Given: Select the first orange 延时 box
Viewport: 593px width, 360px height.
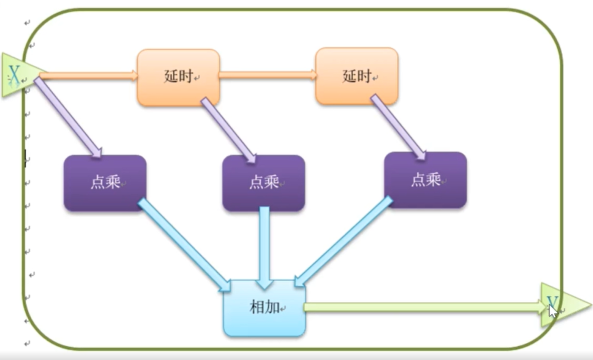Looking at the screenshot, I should (x=178, y=77).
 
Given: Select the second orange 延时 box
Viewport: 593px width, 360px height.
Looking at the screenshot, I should (x=356, y=76).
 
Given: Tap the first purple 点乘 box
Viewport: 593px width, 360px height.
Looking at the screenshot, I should (x=105, y=183).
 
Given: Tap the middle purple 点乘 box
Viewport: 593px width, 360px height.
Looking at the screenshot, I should (x=264, y=183).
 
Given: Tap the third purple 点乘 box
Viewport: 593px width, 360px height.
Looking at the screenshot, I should (x=425, y=180).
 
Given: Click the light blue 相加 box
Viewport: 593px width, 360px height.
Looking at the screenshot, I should (x=264, y=308).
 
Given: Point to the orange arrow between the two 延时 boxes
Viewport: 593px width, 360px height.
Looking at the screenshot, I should (x=267, y=75).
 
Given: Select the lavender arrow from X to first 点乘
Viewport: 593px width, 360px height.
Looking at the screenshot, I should (x=68, y=117).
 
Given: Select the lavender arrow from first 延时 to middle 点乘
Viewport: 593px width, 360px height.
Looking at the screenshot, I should (x=228, y=129).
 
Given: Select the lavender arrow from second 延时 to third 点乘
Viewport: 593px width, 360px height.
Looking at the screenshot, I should (x=398, y=127).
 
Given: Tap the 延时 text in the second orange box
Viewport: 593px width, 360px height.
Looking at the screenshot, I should (x=356, y=76).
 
